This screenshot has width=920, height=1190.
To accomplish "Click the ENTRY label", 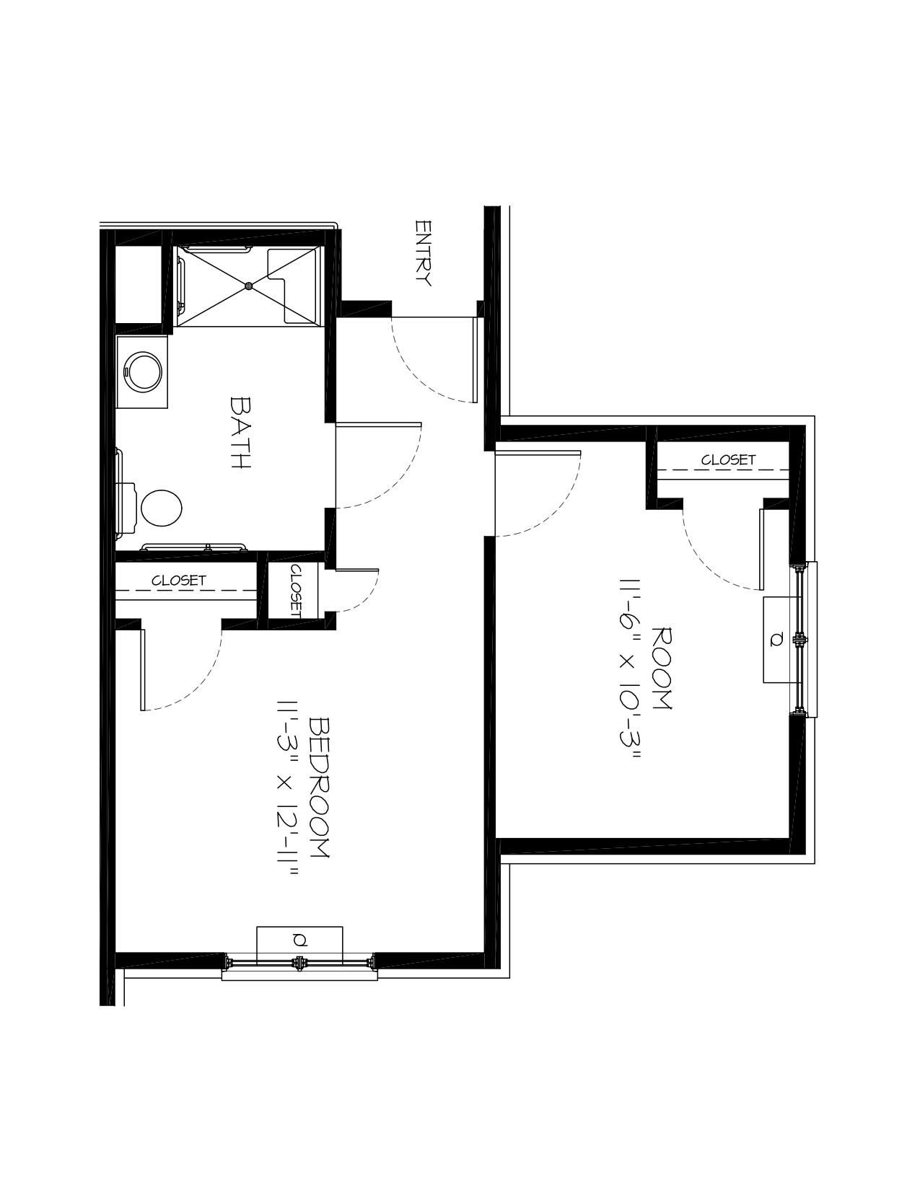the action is click(x=423, y=253).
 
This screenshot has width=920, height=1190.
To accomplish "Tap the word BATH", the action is click(x=240, y=433).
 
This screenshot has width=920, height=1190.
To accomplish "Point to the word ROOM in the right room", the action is click(x=662, y=669).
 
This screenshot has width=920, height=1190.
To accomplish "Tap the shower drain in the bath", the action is click(x=249, y=286).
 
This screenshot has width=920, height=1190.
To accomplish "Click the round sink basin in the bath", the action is click(x=143, y=372).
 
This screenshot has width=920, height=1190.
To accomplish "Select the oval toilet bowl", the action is click(x=162, y=508).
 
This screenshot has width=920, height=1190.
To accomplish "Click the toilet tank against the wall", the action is click(x=126, y=508).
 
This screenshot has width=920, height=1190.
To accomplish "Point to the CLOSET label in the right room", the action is click(x=728, y=460).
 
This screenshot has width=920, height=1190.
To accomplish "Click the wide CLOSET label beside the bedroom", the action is click(x=179, y=581).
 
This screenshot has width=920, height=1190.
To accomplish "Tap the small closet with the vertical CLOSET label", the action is click(x=293, y=591).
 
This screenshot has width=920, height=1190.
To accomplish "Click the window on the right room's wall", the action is click(x=804, y=639).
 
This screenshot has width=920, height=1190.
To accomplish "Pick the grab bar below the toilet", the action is click(x=194, y=547).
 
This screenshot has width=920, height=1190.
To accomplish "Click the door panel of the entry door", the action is click(x=475, y=359).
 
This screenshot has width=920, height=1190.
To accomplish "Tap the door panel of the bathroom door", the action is click(x=378, y=425).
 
